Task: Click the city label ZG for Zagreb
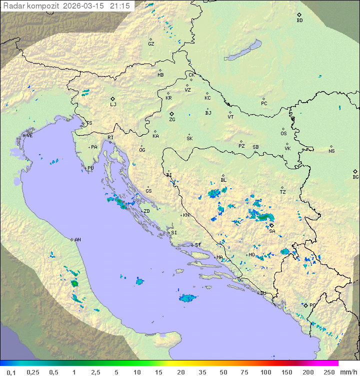pos(172,120)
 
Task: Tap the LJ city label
pos(113,105)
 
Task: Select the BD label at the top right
pos(299,21)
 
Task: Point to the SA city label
pos(272,231)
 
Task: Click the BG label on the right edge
pos(355,177)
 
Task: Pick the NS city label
pos(331,151)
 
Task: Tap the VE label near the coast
pos(29,136)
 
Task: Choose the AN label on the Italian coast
pos(77,240)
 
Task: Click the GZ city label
pos(151,44)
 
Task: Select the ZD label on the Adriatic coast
pos(146,211)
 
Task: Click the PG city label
pos(312,305)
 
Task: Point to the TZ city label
pos(283,192)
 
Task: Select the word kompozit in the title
pos(43,6)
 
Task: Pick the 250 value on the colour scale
pos(329,372)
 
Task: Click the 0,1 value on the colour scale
pos(11,372)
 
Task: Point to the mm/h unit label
pos(348,372)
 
